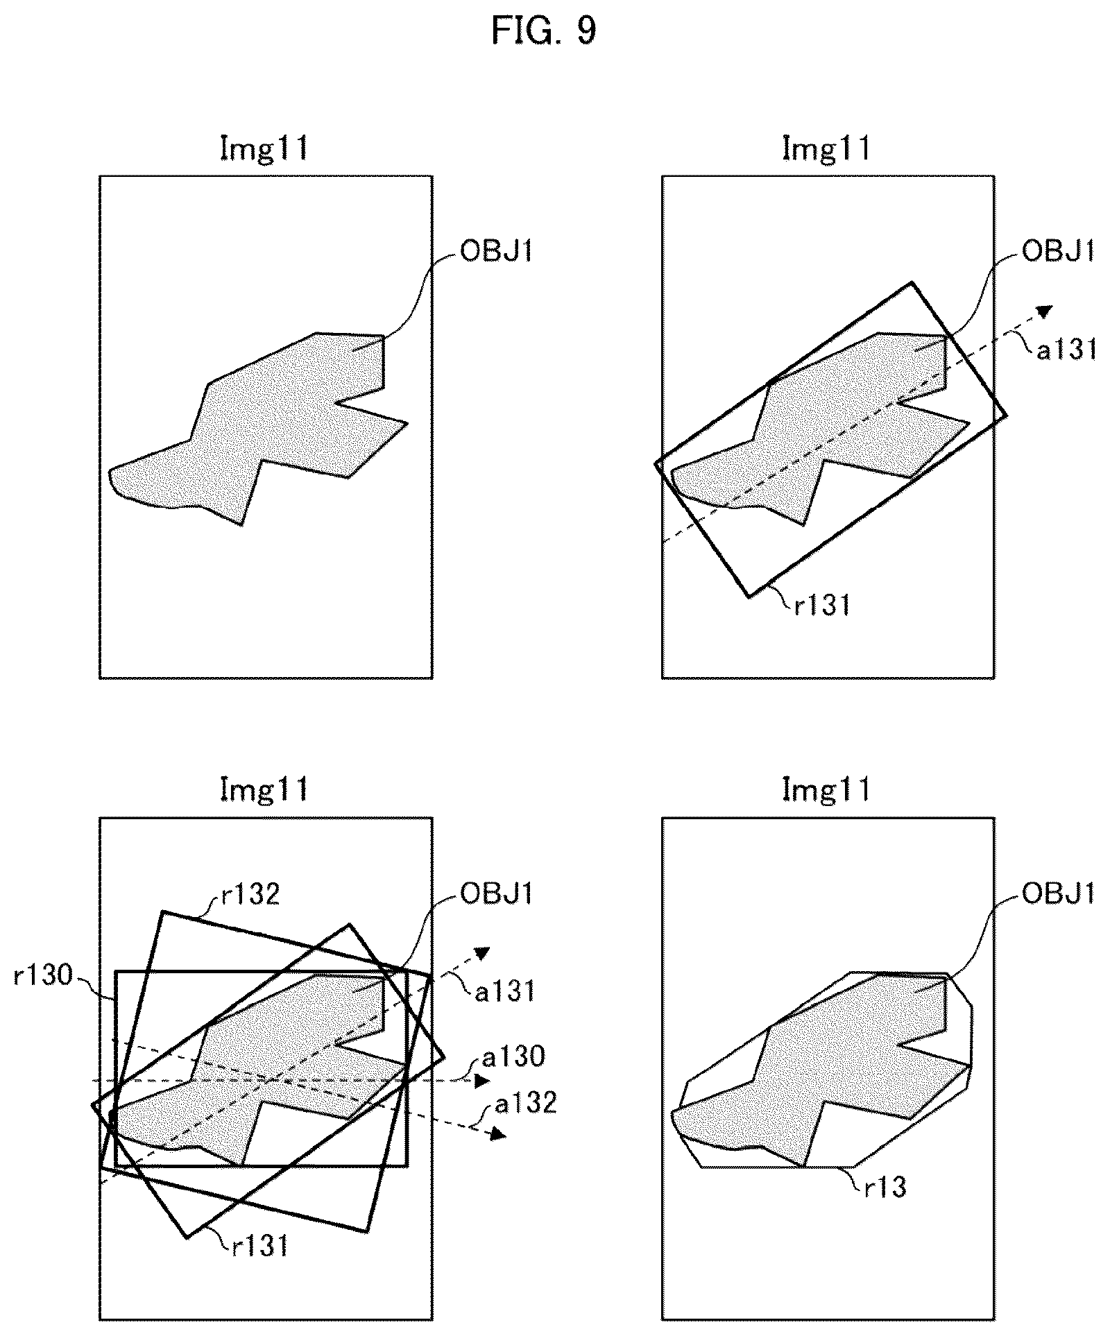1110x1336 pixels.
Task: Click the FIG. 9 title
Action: point(543,31)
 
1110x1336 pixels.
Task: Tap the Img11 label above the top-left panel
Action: point(264,149)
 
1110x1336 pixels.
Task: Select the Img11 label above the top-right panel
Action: point(826,149)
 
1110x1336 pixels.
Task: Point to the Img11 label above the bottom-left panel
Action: point(264,789)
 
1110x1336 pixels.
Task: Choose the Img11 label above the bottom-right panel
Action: point(826,789)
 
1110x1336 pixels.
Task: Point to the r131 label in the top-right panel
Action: point(823,606)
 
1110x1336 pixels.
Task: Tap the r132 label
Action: point(251,895)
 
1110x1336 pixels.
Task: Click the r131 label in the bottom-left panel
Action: point(260,1247)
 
